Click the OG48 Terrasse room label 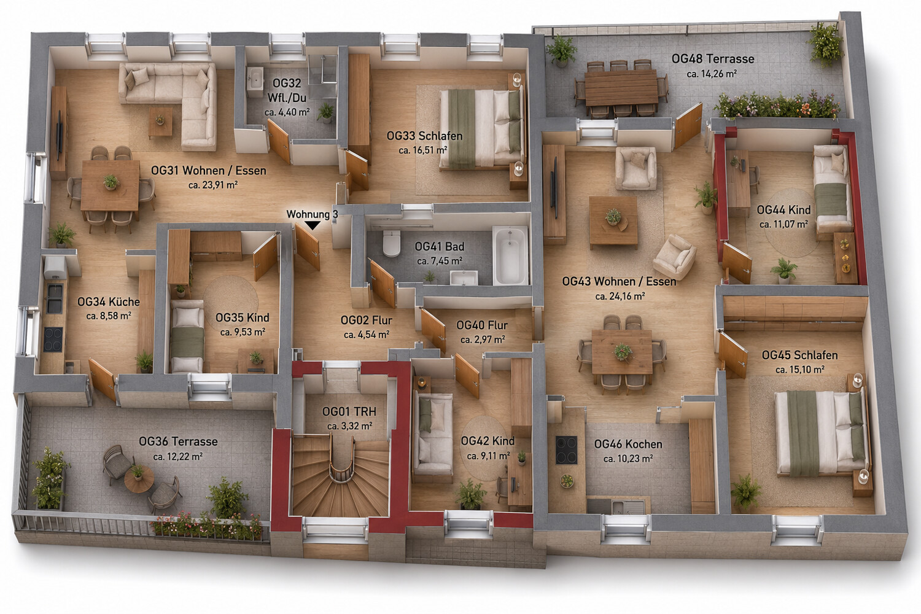pos(712,59)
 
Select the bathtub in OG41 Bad pos(510,255)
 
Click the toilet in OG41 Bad pos(392,243)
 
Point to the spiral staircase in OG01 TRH pos(341,476)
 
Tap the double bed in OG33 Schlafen pos(481,129)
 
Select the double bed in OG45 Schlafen pos(822,433)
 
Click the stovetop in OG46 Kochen pos(566,450)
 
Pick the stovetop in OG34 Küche pos(53,340)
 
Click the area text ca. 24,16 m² pos(620,296)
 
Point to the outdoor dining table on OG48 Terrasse pos(621,88)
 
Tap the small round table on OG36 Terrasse pos(139,479)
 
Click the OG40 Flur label pos(482,325)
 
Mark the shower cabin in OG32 pos(323,76)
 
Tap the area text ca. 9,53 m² pos(243,332)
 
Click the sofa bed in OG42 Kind pos(432,436)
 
